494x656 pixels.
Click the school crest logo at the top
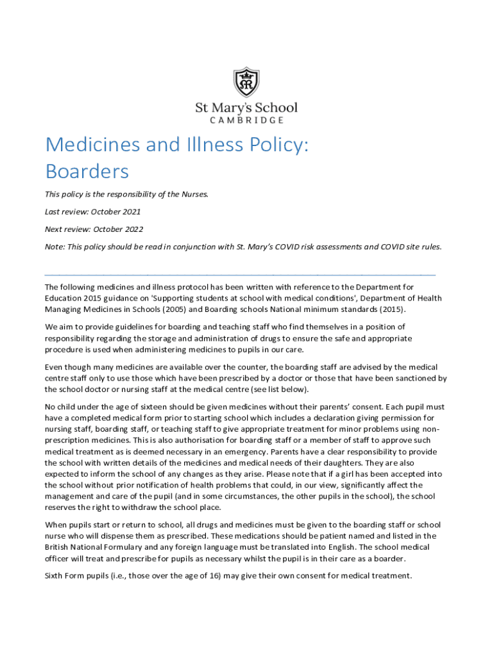tap(246, 82)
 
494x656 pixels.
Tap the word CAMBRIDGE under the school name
tap(246, 120)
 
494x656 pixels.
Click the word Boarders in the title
tap(87, 172)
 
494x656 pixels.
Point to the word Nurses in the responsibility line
tap(194, 194)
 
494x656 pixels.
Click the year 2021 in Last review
tap(130, 211)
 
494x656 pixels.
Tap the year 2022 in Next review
tap(132, 229)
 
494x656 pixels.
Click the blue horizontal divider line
tap(240, 274)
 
